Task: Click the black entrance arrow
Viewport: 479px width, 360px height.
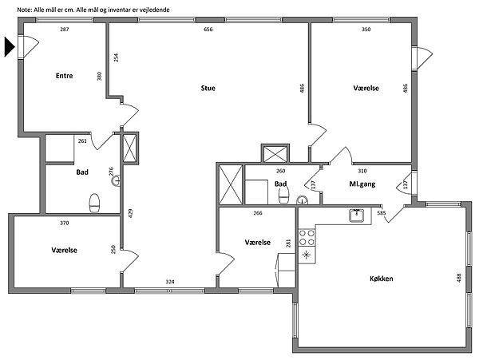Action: tap(9, 47)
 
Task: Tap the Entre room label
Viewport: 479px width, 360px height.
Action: tap(64, 76)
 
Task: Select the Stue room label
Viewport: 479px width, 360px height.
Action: tap(208, 89)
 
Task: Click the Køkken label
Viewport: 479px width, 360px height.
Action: tap(382, 279)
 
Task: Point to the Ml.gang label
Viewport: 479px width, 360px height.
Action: tap(362, 184)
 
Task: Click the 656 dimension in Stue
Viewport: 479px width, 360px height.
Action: tap(208, 30)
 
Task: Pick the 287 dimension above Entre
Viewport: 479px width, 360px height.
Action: tap(65, 30)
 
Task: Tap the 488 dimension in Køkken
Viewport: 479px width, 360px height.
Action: tap(459, 278)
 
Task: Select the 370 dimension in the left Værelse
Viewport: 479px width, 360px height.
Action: tap(65, 224)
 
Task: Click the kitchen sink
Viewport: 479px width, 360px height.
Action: tap(356, 216)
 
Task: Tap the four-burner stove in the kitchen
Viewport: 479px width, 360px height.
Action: tap(307, 238)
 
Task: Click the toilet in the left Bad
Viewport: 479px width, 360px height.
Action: tap(94, 203)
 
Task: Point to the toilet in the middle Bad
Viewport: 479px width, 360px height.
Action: tap(284, 195)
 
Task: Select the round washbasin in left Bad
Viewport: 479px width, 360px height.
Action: tap(116, 180)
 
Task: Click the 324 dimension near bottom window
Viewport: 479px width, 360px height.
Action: tap(170, 282)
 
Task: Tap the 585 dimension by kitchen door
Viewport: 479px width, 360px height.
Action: tap(382, 213)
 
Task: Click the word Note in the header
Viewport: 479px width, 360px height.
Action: tap(22, 10)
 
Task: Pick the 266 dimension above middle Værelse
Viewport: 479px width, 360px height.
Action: tap(258, 213)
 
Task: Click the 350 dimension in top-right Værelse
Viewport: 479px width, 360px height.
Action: tap(366, 30)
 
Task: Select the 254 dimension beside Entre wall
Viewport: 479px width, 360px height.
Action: tap(116, 57)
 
